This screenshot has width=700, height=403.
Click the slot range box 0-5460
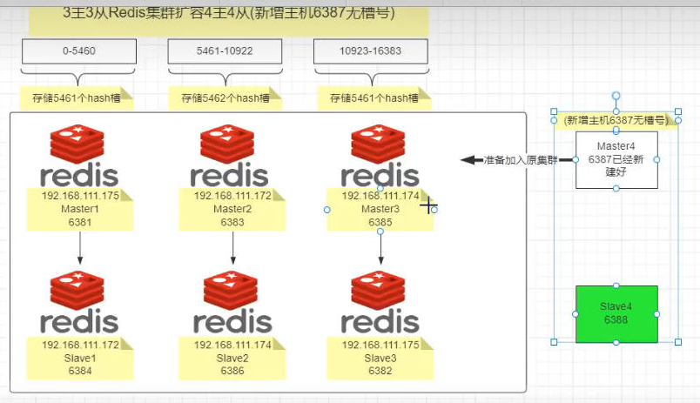click(79, 51)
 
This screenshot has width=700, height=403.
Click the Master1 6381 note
click(80, 210)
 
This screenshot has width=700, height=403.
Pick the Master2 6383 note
click(232, 210)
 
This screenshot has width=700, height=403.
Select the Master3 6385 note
click(380, 210)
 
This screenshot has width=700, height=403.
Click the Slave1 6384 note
click(80, 358)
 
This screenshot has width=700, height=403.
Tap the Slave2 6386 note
click(232, 358)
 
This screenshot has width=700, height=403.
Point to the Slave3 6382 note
click(380, 358)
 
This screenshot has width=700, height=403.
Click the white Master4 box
click(616, 159)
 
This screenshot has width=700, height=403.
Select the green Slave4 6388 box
click(616, 313)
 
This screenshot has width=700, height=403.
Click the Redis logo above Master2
click(230, 156)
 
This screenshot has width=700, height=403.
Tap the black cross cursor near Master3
click(428, 205)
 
